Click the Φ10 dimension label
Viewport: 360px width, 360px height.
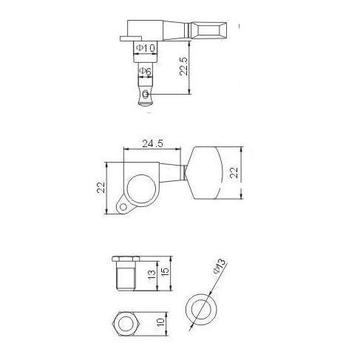pos(145,48)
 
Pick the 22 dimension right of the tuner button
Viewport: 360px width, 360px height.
pos(233,171)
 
